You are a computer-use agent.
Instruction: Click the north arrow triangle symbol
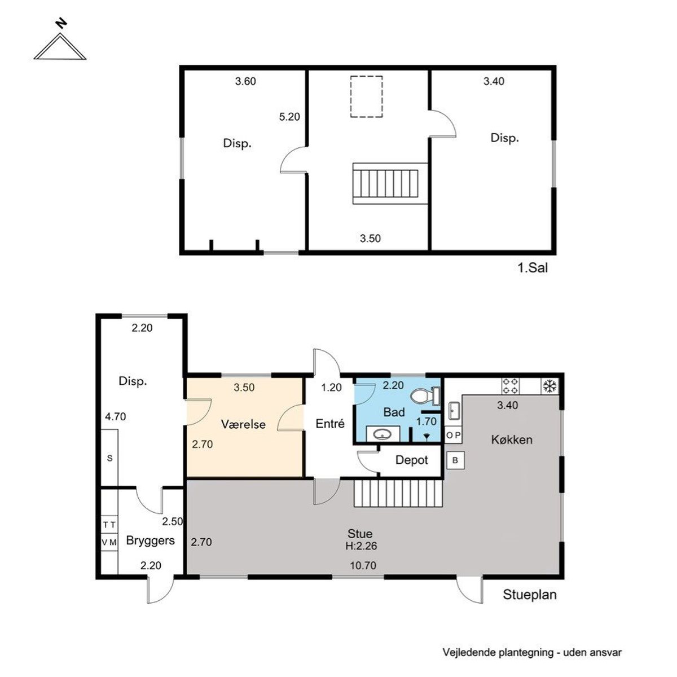point(60,47)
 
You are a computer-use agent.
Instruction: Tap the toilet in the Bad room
point(425,396)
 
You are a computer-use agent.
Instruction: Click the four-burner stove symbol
point(510,386)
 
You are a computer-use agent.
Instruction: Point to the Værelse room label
point(243,424)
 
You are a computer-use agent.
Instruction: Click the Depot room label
point(411,460)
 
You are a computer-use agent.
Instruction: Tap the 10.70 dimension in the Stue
point(363,565)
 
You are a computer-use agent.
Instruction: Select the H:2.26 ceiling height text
point(361,546)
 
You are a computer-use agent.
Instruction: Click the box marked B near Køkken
point(455,460)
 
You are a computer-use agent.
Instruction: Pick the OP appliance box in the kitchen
point(453,436)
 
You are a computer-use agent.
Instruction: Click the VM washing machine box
point(109,542)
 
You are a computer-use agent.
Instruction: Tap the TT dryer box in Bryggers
point(109,525)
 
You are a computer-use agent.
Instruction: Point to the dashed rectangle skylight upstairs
point(366,96)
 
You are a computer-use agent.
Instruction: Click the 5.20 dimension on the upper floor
point(289,117)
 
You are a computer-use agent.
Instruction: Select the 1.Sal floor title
point(533,268)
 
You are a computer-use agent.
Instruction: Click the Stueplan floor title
point(529,595)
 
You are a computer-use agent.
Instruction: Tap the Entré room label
point(330,424)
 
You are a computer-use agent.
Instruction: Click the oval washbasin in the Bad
point(383,435)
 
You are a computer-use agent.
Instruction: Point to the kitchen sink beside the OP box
point(454,411)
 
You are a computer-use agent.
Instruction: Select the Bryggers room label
point(151,540)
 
